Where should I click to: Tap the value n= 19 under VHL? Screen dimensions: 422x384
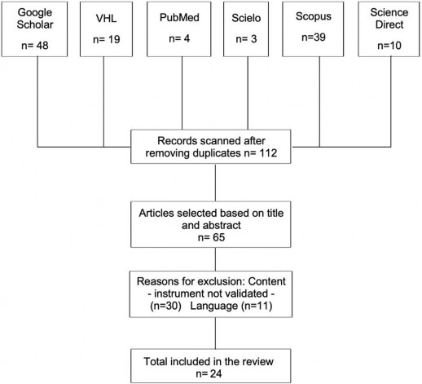click(x=107, y=40)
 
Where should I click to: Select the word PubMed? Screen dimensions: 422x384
click(x=179, y=18)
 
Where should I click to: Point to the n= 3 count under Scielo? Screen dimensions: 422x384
click(x=246, y=39)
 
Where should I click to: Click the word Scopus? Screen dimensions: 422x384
click(x=314, y=16)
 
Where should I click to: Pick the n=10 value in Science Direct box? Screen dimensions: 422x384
click(x=389, y=46)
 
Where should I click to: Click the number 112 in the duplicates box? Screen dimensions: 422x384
click(x=268, y=153)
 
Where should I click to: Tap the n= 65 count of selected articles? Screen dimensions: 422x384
click(x=211, y=237)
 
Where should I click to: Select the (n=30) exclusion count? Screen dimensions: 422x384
click(x=165, y=306)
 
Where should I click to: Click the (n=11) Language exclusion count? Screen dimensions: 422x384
click(x=257, y=306)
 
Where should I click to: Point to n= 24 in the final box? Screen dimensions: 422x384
click(x=209, y=374)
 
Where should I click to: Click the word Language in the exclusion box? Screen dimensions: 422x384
click(x=214, y=307)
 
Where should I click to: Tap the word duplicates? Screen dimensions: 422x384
click(x=217, y=153)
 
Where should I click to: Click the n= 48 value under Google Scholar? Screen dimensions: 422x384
click(x=35, y=46)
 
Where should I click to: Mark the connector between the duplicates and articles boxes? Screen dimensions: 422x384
click(x=215, y=183)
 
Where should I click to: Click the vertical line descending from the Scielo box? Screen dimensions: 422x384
click(x=248, y=93)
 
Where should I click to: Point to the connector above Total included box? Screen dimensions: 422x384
click(x=215, y=333)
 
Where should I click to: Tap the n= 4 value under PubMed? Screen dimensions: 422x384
click(x=179, y=38)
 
